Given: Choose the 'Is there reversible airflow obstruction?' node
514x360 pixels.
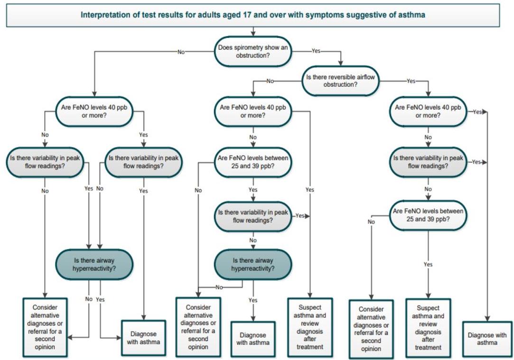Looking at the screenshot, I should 341,80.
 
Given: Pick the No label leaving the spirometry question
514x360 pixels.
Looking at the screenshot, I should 181,52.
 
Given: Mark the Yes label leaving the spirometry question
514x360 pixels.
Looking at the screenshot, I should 317,50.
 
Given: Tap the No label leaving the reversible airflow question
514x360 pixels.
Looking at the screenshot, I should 270,81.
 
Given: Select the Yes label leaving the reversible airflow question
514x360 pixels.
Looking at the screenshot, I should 411,81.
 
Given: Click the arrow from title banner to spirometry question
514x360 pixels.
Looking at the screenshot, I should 253,31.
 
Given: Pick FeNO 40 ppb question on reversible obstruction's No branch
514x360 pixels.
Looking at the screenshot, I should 253,111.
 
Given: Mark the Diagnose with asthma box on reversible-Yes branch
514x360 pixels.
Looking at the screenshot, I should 487,338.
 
